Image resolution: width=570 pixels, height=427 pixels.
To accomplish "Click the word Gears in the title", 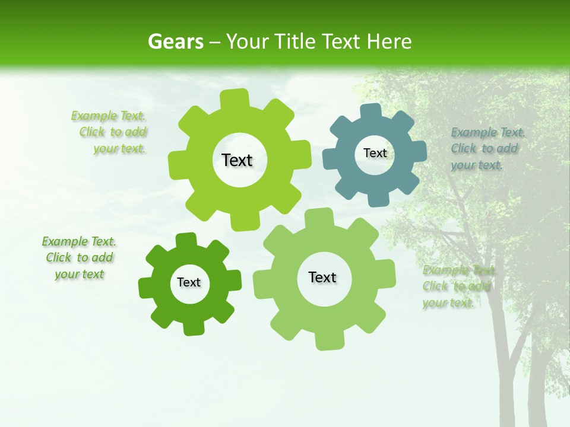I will coord(175,42).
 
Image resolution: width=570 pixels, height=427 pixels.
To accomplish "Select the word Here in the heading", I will coord(389,42).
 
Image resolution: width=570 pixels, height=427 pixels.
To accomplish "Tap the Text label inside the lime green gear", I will coord(237,160).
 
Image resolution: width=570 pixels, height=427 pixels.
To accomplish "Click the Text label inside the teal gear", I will coord(375,153).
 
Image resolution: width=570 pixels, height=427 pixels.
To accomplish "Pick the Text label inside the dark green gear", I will coord(189,282).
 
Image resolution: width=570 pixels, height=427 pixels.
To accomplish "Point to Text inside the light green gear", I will coord(322,277).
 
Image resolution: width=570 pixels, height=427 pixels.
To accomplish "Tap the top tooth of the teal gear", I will coord(371,112).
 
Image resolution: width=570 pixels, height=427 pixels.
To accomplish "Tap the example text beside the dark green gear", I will coord(80,257).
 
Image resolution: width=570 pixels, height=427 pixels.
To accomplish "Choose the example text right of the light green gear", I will coord(457,286).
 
